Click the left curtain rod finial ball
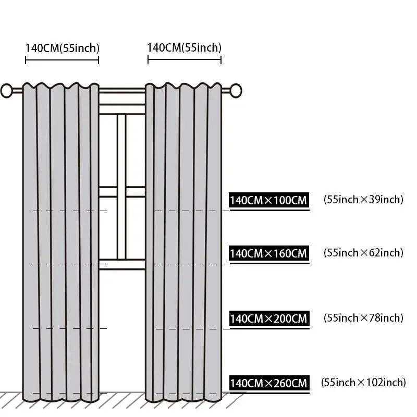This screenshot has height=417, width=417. (x=6, y=91)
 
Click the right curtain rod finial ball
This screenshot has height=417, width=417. (x=236, y=90)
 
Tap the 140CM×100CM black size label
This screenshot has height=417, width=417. (x=269, y=200)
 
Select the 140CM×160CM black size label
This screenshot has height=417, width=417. (x=269, y=253)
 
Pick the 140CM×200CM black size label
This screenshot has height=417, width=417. (x=269, y=318)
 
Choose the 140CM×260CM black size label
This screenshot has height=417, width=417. (x=269, y=383)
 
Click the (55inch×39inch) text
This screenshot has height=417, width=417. (x=363, y=200)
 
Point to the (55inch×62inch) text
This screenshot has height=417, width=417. (x=363, y=253)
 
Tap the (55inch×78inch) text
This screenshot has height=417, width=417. (x=363, y=318)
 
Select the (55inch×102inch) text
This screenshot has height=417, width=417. (x=363, y=383)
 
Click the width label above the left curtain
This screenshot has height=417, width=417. (x=62, y=48)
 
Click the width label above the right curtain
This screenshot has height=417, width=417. (x=185, y=48)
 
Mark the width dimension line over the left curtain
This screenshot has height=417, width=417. (x=62, y=60)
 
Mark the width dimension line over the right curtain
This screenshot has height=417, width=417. (x=185, y=59)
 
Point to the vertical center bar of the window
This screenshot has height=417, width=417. (x=121, y=187)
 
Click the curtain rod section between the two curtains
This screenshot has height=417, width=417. (x=122, y=91)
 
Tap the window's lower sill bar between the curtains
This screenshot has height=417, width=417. (x=122, y=264)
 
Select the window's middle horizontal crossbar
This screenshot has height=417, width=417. (x=122, y=192)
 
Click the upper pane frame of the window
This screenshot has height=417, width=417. (x=122, y=109)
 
